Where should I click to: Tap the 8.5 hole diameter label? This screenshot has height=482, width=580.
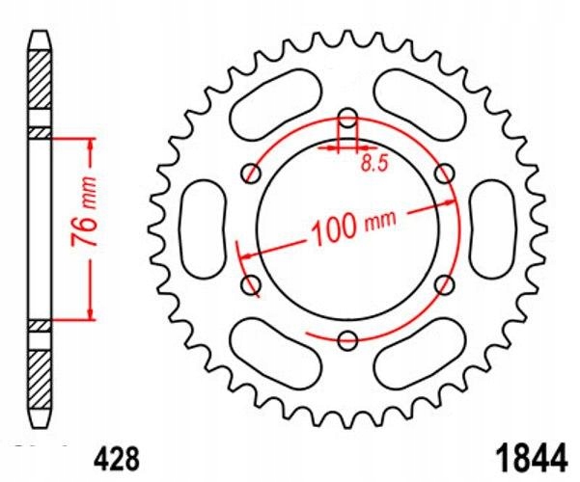coord(374,163)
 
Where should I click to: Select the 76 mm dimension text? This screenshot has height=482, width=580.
coord(84,211)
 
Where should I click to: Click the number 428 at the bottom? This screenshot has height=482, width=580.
coord(118,460)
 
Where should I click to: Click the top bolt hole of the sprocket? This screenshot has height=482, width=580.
coord(348,118)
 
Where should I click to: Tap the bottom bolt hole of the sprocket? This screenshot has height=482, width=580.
coord(348,340)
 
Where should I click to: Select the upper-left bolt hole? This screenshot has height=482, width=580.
coord(251,173)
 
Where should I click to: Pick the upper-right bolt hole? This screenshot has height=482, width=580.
coord(445,173)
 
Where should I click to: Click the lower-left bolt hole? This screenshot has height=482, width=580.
coord(251,285)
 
